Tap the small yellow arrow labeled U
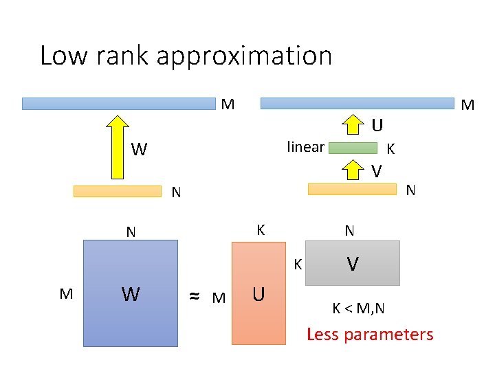click(353, 125)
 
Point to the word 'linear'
click(305, 146)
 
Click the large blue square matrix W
click(130, 293)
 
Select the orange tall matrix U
click(258, 293)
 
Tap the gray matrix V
click(352, 262)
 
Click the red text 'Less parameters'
click(370, 335)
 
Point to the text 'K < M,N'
click(358, 308)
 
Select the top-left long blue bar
click(118, 104)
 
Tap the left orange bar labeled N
click(117, 191)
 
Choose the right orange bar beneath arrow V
click(353, 188)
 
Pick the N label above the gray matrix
click(349, 231)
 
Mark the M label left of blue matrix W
click(66, 294)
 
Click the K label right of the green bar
click(390, 148)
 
